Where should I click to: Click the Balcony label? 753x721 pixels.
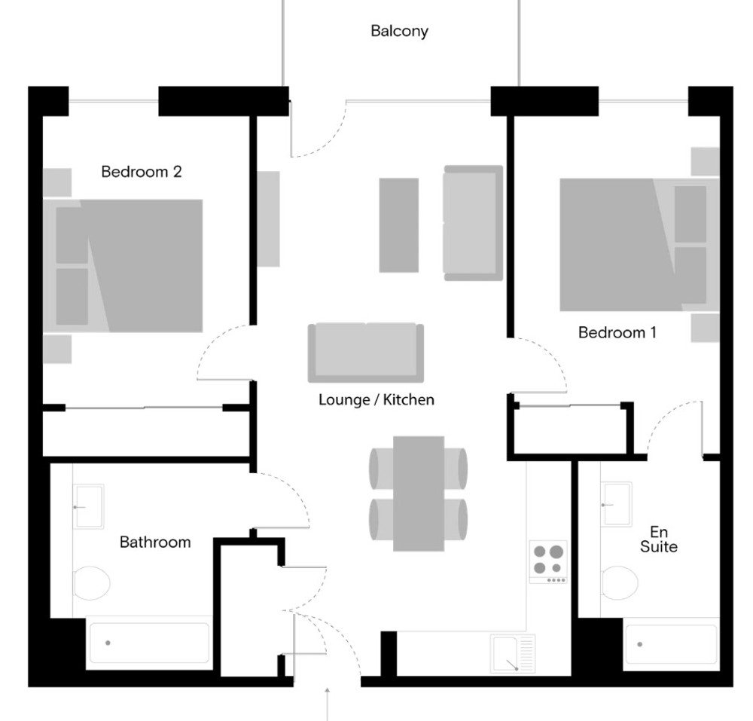pyautogui.click(x=399, y=31)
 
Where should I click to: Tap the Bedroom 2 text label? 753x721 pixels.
pyautogui.click(x=142, y=172)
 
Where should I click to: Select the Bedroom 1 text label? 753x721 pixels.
pyautogui.click(x=617, y=332)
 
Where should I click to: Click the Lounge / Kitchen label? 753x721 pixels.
pyautogui.click(x=376, y=399)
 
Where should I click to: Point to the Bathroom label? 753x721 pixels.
pyautogui.click(x=155, y=542)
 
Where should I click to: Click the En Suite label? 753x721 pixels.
pyautogui.click(x=658, y=539)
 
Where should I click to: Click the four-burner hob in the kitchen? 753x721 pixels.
pyautogui.click(x=548, y=562)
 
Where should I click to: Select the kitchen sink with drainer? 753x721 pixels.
pyautogui.click(x=513, y=654)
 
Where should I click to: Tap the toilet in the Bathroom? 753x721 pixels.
pyautogui.click(x=92, y=583)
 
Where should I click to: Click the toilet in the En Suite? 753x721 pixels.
pyautogui.click(x=620, y=582)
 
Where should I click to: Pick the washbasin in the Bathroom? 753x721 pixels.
pyautogui.click(x=88, y=507)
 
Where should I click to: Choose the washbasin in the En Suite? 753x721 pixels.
pyautogui.click(x=616, y=505)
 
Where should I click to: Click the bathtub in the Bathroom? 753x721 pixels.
pyautogui.click(x=149, y=643)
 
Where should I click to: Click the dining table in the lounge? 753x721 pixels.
pyautogui.click(x=419, y=493)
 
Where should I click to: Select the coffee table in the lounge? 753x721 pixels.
pyautogui.click(x=398, y=225)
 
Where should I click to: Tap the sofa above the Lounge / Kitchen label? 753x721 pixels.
pyautogui.click(x=366, y=353)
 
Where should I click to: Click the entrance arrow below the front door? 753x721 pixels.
pyautogui.click(x=327, y=704)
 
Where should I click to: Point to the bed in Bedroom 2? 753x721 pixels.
pyautogui.click(x=123, y=266)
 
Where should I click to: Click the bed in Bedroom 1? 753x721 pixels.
pyautogui.click(x=639, y=245)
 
